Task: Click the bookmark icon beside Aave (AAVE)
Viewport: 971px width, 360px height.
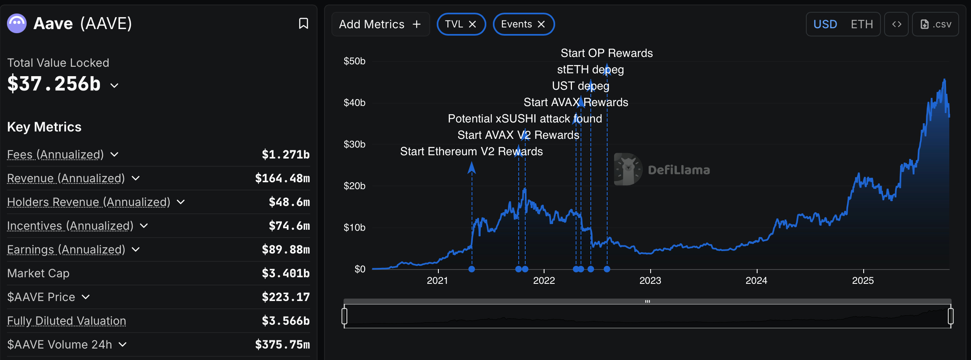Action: pos(303,23)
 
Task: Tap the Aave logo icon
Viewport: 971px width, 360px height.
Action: pos(17,23)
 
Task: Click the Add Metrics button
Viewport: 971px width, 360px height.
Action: pos(380,24)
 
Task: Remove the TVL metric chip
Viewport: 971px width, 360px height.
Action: pos(472,24)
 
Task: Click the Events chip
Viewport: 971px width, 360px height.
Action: pos(517,24)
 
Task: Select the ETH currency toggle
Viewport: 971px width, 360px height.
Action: pos(862,24)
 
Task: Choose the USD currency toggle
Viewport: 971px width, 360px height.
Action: pos(825,24)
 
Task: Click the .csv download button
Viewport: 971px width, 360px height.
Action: pos(935,24)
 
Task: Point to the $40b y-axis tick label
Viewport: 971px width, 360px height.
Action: pos(354,103)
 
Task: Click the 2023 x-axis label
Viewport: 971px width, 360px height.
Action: pos(650,281)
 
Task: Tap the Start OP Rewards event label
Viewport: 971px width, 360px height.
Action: pos(606,53)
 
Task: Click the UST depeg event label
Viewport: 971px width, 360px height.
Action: pos(580,86)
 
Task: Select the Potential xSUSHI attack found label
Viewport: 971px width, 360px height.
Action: pos(524,119)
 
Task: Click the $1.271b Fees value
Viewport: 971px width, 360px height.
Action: pos(286,154)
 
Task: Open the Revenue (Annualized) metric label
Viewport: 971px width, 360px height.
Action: pos(66,178)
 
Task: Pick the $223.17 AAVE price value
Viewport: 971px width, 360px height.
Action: pos(286,297)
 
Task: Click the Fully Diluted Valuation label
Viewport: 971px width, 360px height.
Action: pos(66,321)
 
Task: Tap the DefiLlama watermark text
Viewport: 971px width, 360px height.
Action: pos(678,170)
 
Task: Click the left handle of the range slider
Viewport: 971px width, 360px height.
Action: pos(345,316)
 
